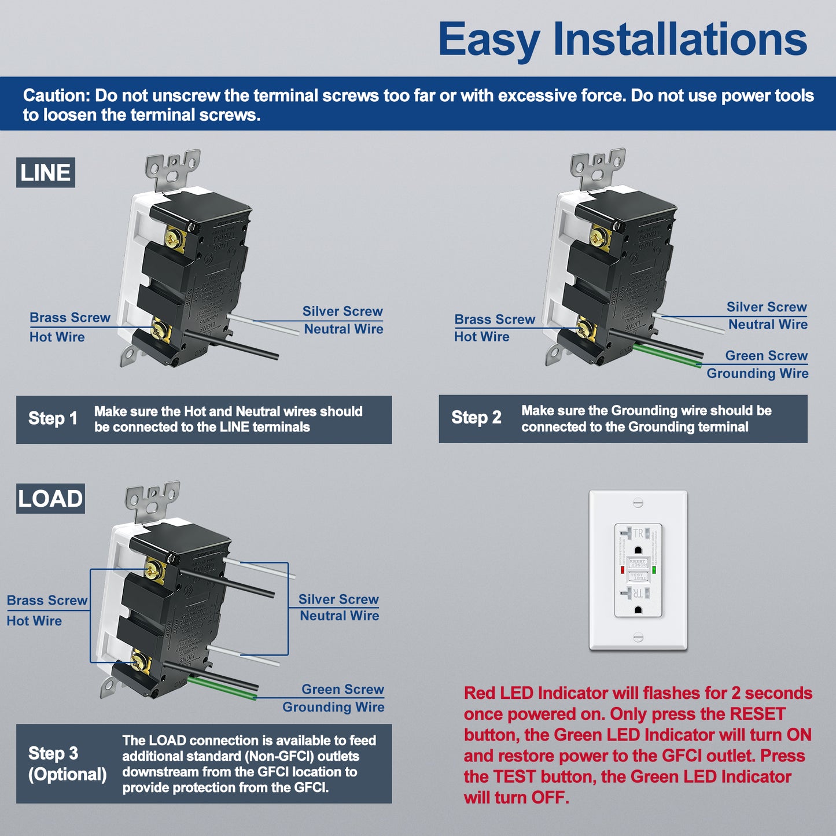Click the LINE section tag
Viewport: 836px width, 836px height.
45,173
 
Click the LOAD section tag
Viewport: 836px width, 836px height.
50,499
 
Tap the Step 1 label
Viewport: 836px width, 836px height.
53,418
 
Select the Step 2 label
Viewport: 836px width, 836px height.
476,418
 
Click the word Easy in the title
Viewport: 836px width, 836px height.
488,40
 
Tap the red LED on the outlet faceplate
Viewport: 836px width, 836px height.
623,570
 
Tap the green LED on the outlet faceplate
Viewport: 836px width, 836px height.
654,570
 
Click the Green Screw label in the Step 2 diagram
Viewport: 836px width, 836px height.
766,356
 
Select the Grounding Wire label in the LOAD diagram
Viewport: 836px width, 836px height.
333,707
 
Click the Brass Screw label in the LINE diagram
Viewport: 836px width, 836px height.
69,318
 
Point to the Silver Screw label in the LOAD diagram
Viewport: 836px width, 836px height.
338,599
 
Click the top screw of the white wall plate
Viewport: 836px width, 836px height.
638,502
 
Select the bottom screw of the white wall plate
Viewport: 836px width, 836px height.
638,638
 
